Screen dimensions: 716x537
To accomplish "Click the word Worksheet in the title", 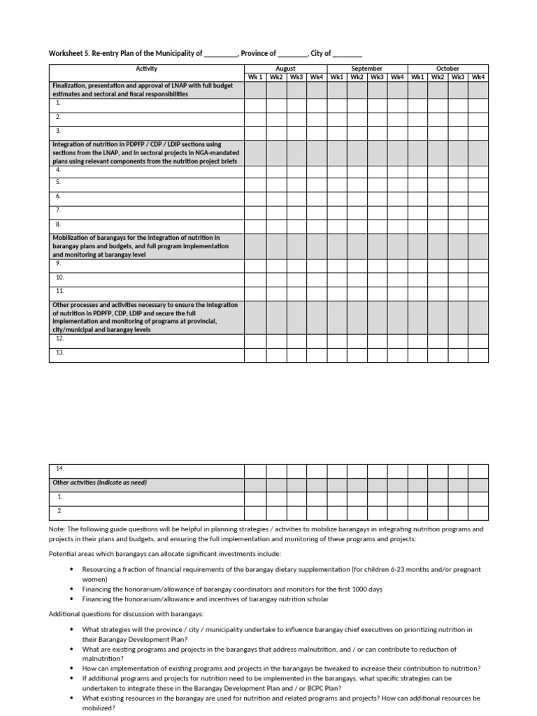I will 66,53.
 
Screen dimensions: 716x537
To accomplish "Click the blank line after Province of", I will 293,54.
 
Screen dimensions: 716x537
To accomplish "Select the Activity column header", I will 146,69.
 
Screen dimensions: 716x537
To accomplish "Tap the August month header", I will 285,69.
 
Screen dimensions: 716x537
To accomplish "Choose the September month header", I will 366,69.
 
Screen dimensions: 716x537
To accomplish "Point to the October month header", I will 447,69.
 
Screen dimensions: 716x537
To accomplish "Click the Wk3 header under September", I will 377,77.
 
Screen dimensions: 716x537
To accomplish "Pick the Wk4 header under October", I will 478,77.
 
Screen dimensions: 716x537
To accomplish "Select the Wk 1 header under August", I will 255,77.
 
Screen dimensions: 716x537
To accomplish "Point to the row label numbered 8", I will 59,224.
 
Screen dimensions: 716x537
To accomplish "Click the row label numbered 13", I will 60,353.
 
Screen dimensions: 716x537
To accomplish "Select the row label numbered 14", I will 60,468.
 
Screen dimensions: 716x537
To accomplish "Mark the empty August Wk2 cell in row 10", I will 276,277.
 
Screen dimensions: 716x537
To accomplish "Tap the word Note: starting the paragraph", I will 56,529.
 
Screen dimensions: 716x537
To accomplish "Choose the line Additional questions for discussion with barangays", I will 126,614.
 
